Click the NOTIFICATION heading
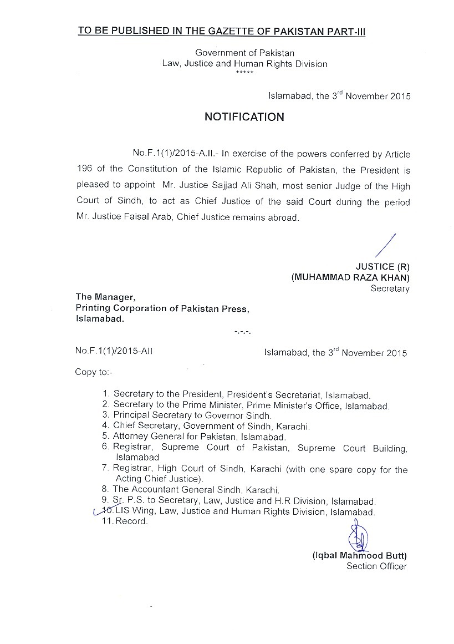[244, 117]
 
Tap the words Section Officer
[376, 566]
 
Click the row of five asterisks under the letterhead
[244, 73]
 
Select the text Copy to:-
[93, 372]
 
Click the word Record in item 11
[131, 522]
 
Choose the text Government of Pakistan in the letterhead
[244, 53]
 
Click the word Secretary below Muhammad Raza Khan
[390, 288]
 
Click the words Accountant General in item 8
[169, 490]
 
